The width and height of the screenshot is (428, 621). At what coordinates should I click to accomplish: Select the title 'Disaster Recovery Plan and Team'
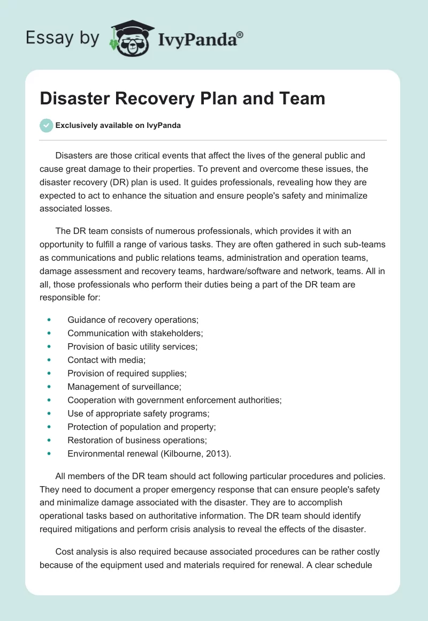click(182, 99)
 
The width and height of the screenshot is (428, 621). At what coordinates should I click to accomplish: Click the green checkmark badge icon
click(46, 125)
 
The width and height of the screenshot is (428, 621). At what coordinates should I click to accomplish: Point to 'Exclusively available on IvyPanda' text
click(118, 126)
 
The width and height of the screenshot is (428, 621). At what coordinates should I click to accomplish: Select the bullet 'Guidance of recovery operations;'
click(133, 320)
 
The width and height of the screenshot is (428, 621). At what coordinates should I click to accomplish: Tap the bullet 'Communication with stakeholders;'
click(135, 333)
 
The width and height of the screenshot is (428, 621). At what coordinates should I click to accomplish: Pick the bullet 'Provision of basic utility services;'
click(132, 346)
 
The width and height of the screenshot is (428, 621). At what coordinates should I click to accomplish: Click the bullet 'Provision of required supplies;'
click(127, 373)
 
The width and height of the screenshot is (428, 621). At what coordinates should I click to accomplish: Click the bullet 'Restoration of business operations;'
click(137, 440)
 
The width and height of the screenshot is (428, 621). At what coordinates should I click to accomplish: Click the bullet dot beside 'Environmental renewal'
click(49, 453)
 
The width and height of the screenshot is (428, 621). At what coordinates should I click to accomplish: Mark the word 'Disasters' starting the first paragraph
click(74, 156)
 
